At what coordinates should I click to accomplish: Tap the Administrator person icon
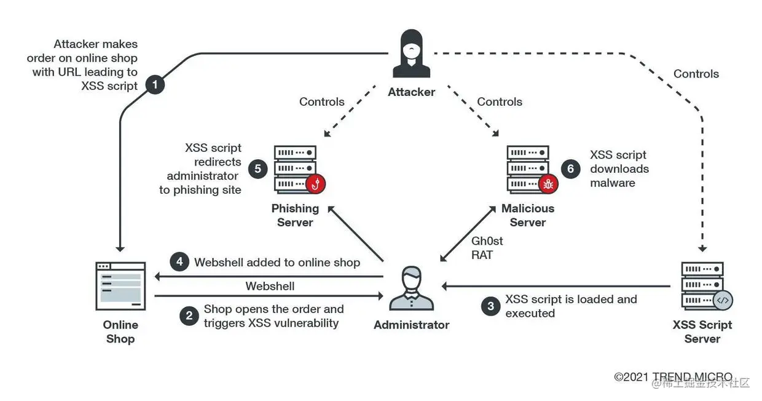[411, 289]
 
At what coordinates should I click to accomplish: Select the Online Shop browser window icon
[120, 286]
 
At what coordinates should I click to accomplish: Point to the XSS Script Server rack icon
[702, 286]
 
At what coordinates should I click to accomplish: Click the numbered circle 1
[154, 84]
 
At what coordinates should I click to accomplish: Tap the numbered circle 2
[189, 316]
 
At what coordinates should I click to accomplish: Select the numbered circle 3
[490, 306]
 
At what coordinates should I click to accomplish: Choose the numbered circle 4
[179, 262]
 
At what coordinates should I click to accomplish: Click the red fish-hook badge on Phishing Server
[316, 183]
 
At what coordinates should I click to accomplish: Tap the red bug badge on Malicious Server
[548, 183]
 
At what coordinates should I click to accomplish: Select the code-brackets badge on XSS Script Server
[723, 301]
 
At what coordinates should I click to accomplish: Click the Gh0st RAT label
[486, 247]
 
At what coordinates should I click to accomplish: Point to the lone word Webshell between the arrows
[270, 286]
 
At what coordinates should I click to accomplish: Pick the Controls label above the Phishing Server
[321, 101]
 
